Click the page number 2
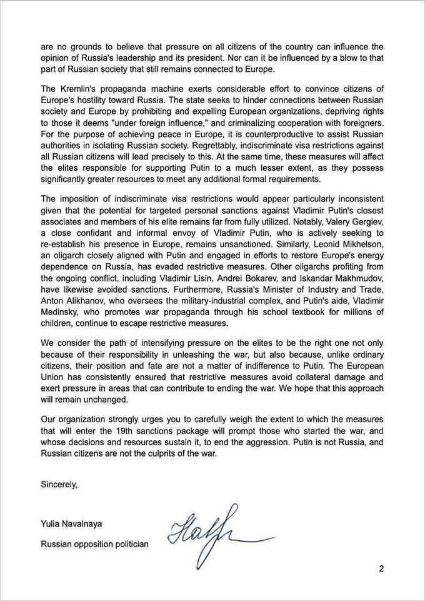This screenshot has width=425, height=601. point(381,568)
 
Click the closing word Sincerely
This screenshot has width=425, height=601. point(59,484)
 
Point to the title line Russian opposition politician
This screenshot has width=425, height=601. point(94,544)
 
